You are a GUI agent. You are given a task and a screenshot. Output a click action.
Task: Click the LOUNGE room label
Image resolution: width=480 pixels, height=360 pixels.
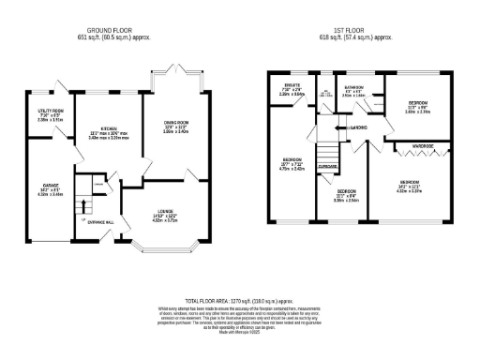(164, 210)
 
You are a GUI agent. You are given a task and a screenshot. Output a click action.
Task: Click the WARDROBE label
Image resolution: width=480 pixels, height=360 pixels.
(420, 145)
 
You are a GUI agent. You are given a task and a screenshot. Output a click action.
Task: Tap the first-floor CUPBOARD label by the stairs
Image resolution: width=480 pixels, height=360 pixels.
(328, 166)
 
